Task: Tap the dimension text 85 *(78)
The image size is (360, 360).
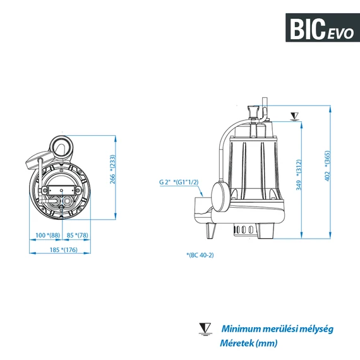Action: pos(77,236)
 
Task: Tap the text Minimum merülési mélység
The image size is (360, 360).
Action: pos(277,328)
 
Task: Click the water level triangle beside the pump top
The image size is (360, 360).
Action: pos(292,116)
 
